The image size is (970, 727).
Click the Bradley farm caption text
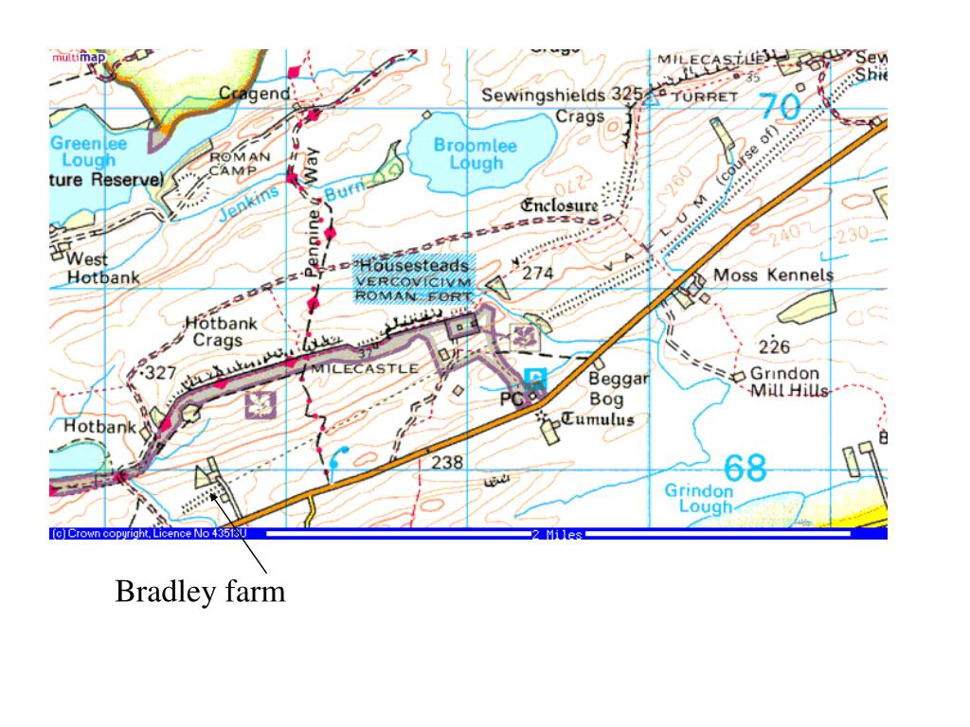click(x=200, y=593)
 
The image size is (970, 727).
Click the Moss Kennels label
click(x=773, y=275)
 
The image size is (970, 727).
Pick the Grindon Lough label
click(x=699, y=498)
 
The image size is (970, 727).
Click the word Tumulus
click(x=598, y=419)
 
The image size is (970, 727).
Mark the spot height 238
click(x=447, y=463)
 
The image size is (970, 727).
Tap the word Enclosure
click(x=560, y=204)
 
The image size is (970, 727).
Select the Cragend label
click(x=255, y=93)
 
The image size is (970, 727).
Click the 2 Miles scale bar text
click(x=556, y=536)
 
